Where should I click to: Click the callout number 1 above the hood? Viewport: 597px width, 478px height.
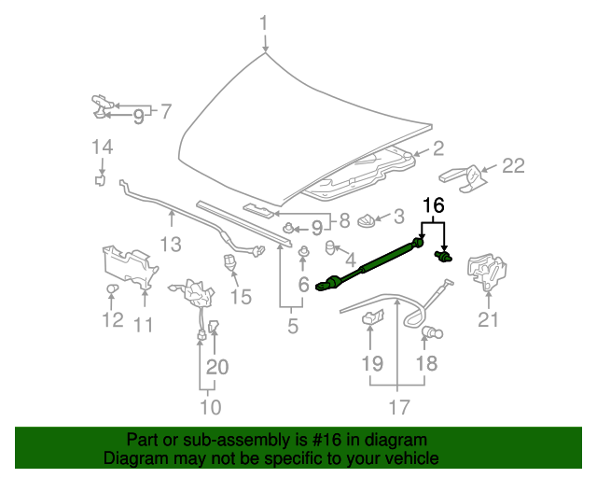point(265,22)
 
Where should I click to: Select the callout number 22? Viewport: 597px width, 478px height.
point(513,166)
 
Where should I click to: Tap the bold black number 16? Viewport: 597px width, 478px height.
point(435,205)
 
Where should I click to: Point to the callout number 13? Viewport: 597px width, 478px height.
point(171,245)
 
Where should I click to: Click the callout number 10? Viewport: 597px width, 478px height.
point(210,406)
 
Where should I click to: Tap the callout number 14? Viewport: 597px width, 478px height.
point(102,146)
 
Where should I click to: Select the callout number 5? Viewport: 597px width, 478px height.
point(292,326)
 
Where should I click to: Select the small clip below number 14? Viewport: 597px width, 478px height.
point(101,180)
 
